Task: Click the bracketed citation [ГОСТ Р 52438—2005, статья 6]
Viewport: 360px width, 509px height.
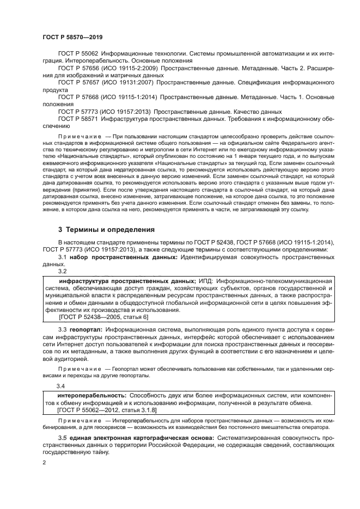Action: tap(95, 316)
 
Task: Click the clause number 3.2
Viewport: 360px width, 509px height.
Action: tap(62, 271)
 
